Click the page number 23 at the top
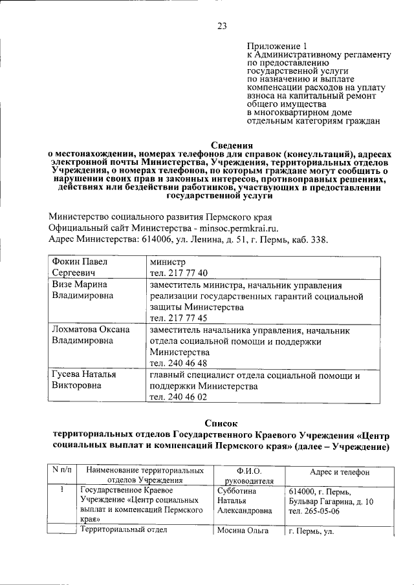click(x=222, y=27)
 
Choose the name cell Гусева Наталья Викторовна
click(x=84, y=381)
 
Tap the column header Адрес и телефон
click(x=340, y=473)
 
